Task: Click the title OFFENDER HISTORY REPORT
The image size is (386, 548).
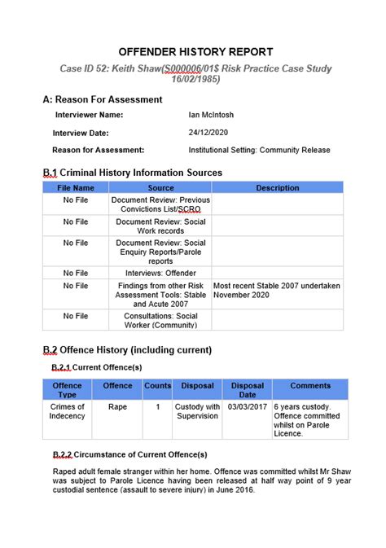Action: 195,51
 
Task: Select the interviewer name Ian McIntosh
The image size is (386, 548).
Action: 211,116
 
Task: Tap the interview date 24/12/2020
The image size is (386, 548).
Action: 208,133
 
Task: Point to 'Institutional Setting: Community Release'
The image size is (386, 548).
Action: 259,150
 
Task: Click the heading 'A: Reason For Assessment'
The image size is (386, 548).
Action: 102,99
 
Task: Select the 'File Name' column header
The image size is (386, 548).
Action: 76,188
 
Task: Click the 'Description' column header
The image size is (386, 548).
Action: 278,188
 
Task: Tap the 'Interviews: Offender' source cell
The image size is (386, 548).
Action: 160,273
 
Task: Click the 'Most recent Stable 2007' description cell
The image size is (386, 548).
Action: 277,291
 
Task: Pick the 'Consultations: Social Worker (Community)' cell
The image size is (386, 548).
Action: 160,321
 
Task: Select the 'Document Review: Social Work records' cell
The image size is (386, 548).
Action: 160,226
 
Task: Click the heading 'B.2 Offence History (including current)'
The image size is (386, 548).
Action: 127,350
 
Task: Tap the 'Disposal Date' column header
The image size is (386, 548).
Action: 248,389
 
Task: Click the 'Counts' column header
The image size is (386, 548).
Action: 157,385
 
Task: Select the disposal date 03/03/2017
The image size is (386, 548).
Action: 248,406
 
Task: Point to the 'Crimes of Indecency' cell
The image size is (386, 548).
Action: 68,411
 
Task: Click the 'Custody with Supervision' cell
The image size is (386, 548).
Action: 197,411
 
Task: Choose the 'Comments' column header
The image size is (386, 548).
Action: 310,385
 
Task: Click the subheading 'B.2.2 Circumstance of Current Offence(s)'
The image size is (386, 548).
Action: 129,454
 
